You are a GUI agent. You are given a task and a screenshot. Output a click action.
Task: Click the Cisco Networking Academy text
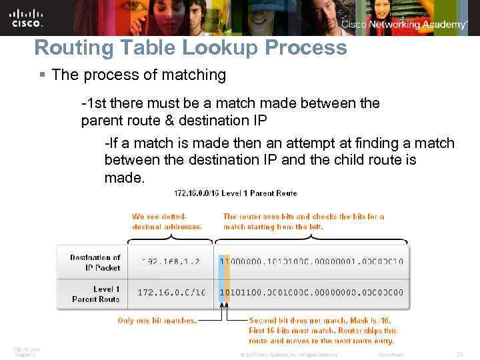coord(404,24)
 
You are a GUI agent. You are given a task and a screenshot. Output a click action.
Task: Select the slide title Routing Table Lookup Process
coord(191,48)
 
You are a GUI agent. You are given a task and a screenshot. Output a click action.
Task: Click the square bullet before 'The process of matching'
coord(43,75)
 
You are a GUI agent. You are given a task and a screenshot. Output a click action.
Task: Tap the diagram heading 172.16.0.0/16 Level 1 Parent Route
coord(235,193)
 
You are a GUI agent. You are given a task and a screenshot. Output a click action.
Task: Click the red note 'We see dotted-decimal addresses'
coord(167,221)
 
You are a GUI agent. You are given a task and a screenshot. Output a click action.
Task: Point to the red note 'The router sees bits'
coord(303,221)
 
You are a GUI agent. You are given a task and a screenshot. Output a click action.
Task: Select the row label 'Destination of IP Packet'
coord(95,262)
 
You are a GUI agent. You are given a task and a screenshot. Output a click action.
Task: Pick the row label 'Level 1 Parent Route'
coord(96,294)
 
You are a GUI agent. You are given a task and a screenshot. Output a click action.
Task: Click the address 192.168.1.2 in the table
coord(171,262)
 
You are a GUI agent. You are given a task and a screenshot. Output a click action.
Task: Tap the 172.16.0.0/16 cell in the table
coord(171,293)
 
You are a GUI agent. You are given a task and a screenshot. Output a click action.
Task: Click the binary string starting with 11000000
coord(311,262)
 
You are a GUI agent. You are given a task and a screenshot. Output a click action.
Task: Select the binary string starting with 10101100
coord(311,293)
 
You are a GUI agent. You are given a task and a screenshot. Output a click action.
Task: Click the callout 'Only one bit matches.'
coord(157,321)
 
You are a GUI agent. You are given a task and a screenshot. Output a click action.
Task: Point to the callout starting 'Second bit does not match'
coord(323,331)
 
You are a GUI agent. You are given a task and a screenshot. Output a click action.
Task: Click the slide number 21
coord(459,354)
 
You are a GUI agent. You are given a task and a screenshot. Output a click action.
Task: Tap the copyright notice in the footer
coord(288,355)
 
